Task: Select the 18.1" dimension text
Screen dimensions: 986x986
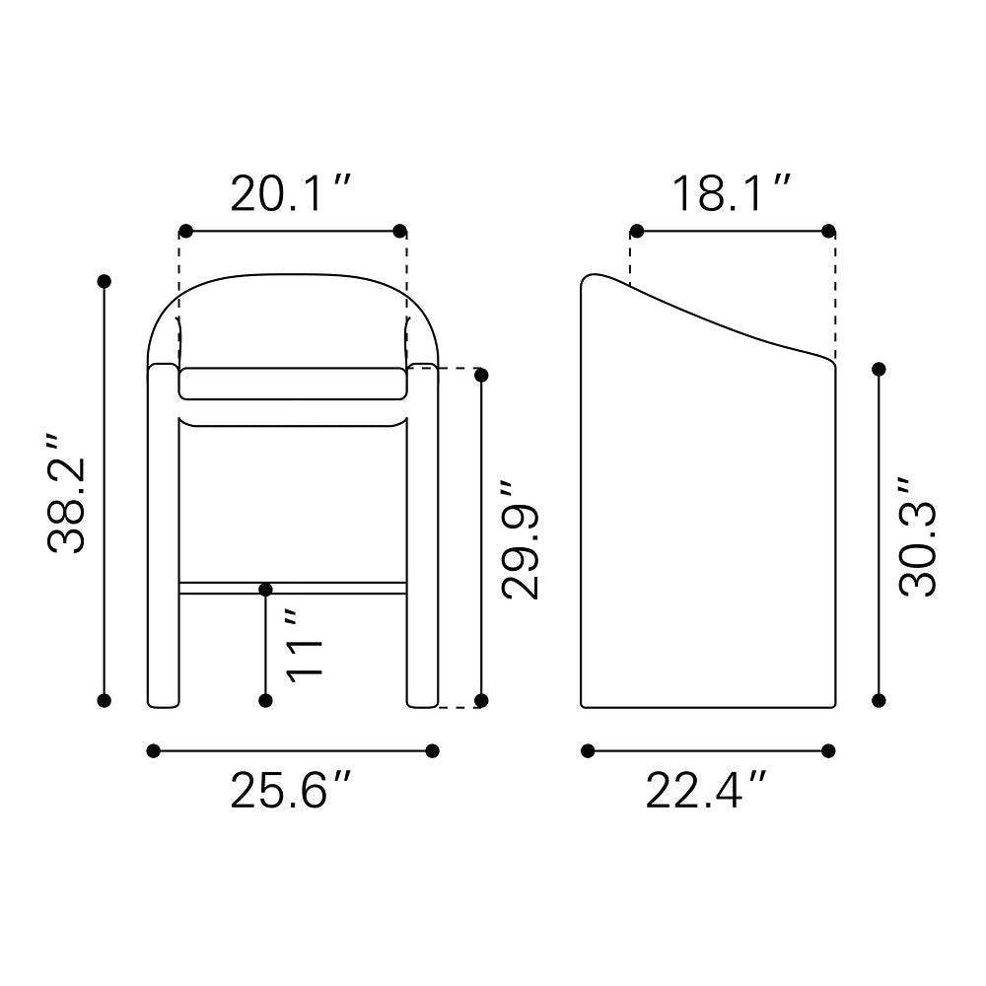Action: pos(731,193)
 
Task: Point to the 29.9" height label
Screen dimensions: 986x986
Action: pos(520,540)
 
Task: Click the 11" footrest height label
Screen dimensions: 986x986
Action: pos(305,645)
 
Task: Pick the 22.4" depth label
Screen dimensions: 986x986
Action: pos(706,790)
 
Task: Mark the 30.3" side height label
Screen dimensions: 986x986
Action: pos(917,536)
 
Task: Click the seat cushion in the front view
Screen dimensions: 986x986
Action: pos(293,384)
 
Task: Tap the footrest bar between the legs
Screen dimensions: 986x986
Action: pos(293,589)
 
